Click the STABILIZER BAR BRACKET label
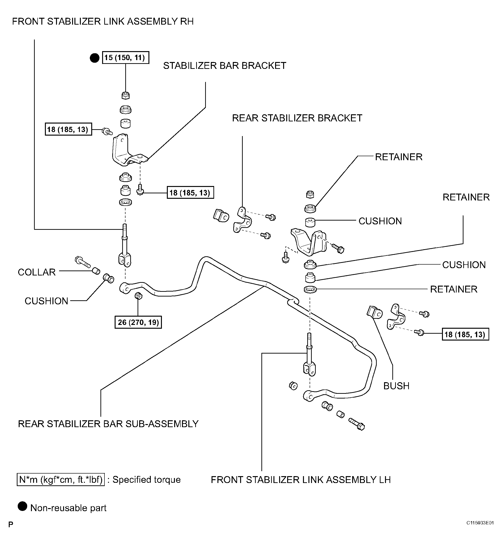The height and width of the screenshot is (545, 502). click(224, 66)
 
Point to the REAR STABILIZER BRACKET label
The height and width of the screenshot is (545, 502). click(297, 118)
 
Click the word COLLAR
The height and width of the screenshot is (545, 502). click(37, 272)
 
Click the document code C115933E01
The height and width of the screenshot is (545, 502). click(480, 531)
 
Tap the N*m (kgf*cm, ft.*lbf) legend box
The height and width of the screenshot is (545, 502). click(61, 479)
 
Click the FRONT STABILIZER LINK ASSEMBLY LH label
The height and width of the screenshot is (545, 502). click(301, 480)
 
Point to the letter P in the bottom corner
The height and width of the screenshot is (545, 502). click(11, 532)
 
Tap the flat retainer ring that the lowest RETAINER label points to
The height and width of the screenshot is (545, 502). click(310, 289)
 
